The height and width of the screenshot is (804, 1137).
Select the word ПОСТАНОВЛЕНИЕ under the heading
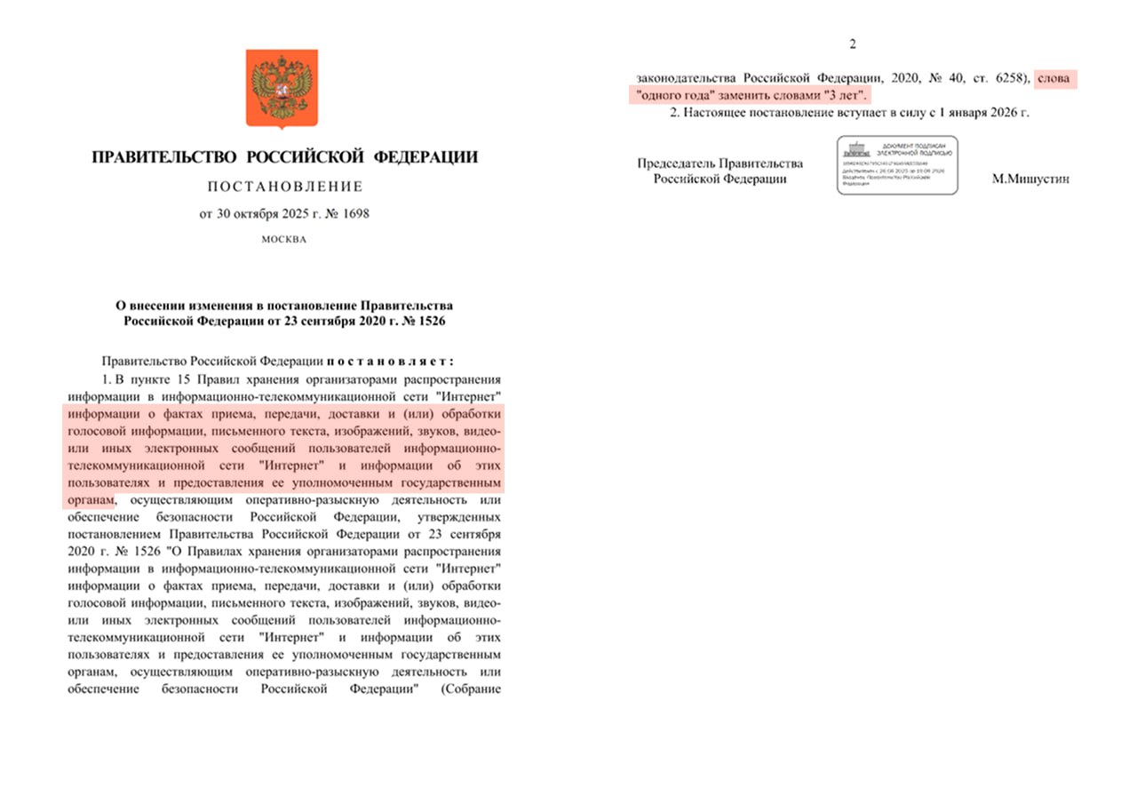click(284, 187)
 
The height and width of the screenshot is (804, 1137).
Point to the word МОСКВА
click(284, 240)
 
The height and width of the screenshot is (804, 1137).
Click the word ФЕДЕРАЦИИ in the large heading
click(425, 158)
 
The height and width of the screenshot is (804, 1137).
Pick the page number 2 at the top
click(853, 45)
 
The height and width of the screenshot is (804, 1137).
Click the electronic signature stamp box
click(897, 165)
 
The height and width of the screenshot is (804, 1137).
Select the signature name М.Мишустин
click(1030, 179)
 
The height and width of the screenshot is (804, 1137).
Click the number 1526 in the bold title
click(430, 320)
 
